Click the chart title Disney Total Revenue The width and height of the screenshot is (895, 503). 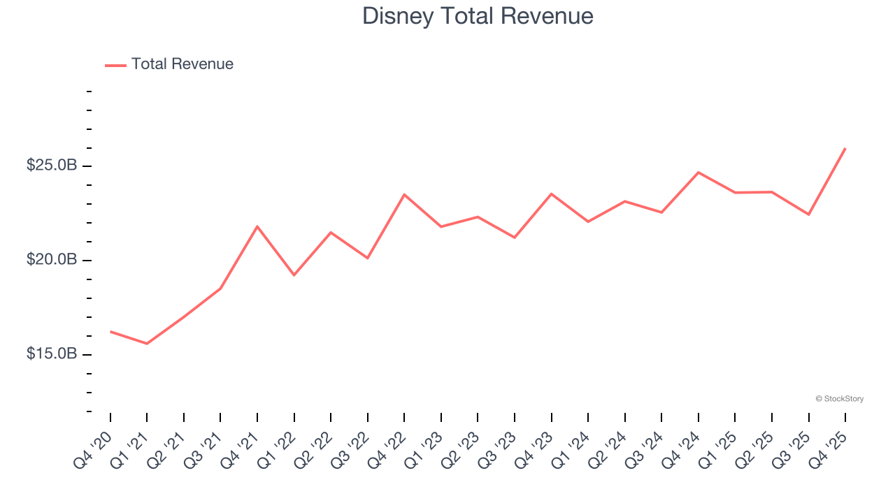pyautogui.click(x=478, y=15)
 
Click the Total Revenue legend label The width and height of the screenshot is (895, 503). pyautogui.click(x=182, y=64)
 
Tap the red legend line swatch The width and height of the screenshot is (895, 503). pyautogui.click(x=115, y=65)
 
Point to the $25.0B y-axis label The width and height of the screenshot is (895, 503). pyautogui.click(x=51, y=166)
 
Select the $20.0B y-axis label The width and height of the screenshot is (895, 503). pyautogui.click(x=51, y=260)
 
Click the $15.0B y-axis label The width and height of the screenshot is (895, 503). pyautogui.click(x=51, y=354)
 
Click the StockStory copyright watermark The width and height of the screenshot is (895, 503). pyautogui.click(x=839, y=399)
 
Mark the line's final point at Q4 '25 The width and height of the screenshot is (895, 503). pyautogui.click(x=845, y=148)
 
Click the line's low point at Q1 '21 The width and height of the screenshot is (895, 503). pyautogui.click(x=147, y=344)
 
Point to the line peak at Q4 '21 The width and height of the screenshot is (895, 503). pyautogui.click(x=257, y=226)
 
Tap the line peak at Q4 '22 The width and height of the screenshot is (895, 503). pyautogui.click(x=404, y=194)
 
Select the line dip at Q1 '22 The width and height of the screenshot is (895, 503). pyautogui.click(x=294, y=275)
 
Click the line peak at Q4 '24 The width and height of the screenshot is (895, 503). pyautogui.click(x=699, y=172)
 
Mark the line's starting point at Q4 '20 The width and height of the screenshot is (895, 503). pyautogui.click(x=110, y=331)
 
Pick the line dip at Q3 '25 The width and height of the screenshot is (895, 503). pyautogui.click(x=809, y=214)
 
